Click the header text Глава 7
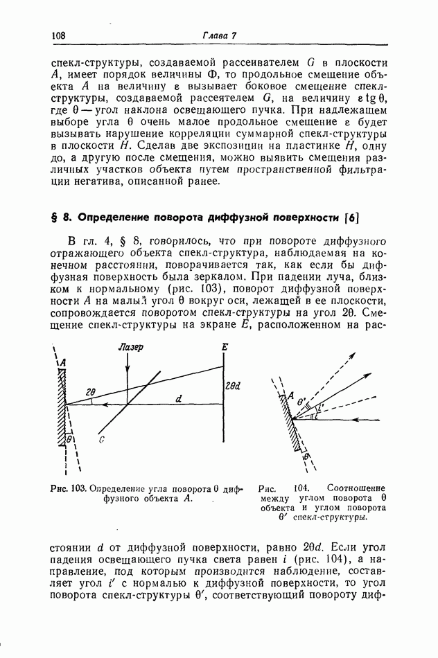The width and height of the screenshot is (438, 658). [x=220, y=35]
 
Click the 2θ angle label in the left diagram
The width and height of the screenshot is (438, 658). [x=91, y=392]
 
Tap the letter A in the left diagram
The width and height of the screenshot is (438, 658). [x=62, y=362]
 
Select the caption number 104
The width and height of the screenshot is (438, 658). [x=302, y=488]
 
